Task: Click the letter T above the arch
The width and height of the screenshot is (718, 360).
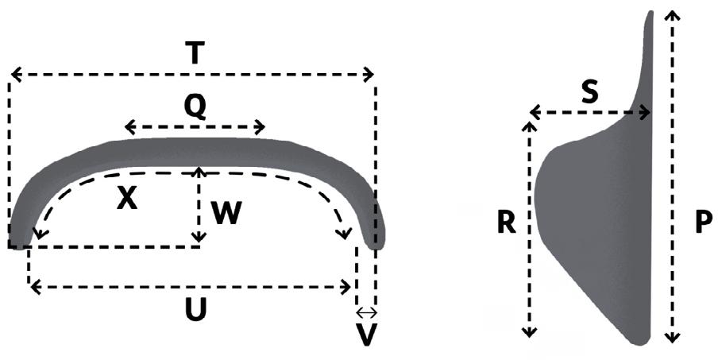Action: click(195, 52)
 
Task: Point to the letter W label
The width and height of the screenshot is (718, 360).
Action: click(226, 211)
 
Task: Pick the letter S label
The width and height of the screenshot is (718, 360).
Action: click(589, 92)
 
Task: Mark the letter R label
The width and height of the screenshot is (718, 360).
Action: click(506, 225)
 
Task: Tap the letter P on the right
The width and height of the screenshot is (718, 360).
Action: click(703, 223)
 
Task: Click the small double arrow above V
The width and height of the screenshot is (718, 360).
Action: click(365, 312)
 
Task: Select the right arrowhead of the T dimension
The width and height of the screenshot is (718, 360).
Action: click(369, 75)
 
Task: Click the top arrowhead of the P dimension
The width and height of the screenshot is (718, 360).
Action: click(673, 14)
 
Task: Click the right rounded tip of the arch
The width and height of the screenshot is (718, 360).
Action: click(376, 242)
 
